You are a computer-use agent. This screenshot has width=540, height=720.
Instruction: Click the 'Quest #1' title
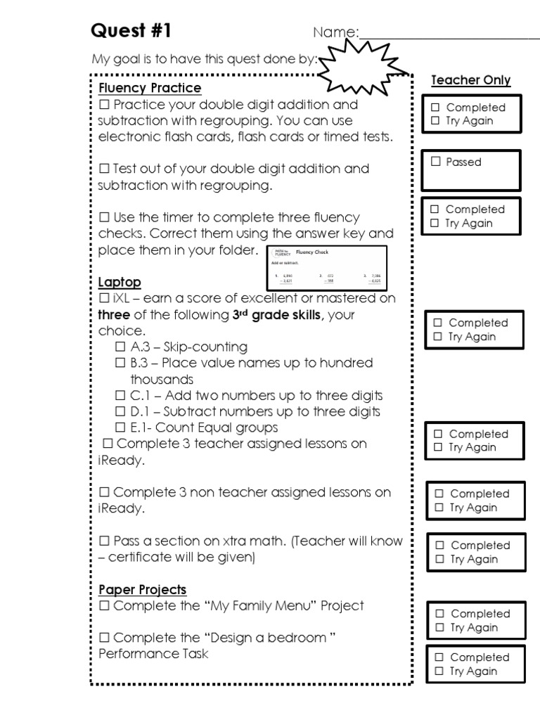[x=131, y=32]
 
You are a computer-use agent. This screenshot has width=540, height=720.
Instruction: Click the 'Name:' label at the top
[x=335, y=33]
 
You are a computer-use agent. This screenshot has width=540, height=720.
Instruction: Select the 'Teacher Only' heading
[x=470, y=80]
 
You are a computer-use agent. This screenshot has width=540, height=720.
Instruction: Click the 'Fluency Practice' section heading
[x=150, y=88]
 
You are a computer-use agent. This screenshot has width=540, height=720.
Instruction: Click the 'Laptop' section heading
[x=120, y=282]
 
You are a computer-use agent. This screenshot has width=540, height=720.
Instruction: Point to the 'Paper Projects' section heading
[x=142, y=589]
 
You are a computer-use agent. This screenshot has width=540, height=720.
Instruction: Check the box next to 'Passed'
[x=436, y=162]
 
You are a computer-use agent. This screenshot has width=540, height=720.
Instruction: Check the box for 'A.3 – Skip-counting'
[x=120, y=347]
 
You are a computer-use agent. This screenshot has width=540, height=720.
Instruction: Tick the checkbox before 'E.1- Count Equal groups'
[x=120, y=427]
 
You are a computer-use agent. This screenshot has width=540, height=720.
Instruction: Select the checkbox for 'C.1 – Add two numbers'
[x=120, y=396]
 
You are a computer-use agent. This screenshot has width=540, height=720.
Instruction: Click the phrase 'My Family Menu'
[x=262, y=605]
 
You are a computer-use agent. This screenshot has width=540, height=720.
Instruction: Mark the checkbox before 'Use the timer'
[x=104, y=217]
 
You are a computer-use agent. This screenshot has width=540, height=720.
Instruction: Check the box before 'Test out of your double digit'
[x=104, y=169]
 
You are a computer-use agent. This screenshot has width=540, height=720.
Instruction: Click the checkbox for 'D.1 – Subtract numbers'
[x=120, y=412]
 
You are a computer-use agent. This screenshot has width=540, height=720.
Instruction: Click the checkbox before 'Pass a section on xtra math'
[x=104, y=541]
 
